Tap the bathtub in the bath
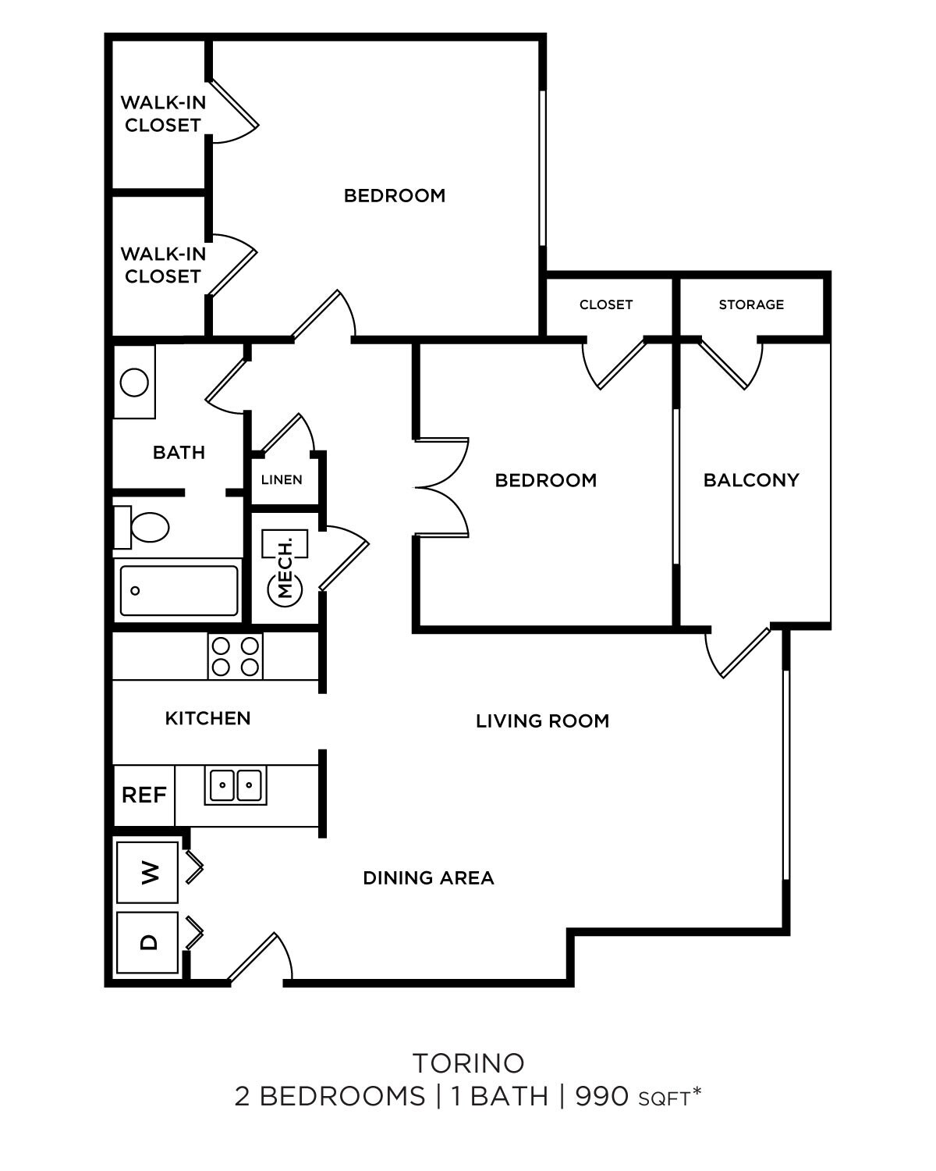pos(179,591)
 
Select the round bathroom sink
pos(134,383)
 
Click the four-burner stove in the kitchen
pos(236,657)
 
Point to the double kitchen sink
pos(236,784)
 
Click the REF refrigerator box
pos(144,795)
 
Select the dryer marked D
pos(147,942)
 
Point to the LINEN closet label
pos(282,479)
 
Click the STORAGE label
pos(751,304)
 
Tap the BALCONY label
pos(751,480)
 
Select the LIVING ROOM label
pos(542,721)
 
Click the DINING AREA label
pos(428,878)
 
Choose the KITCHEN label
pos(207,718)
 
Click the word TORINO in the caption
pos(468,1063)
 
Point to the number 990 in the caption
pos(601,1097)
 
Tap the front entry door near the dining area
pos(259,958)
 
